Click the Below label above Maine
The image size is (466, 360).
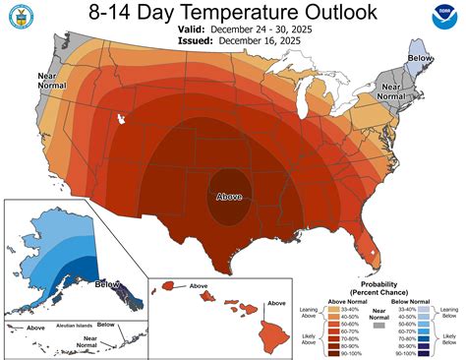419,58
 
